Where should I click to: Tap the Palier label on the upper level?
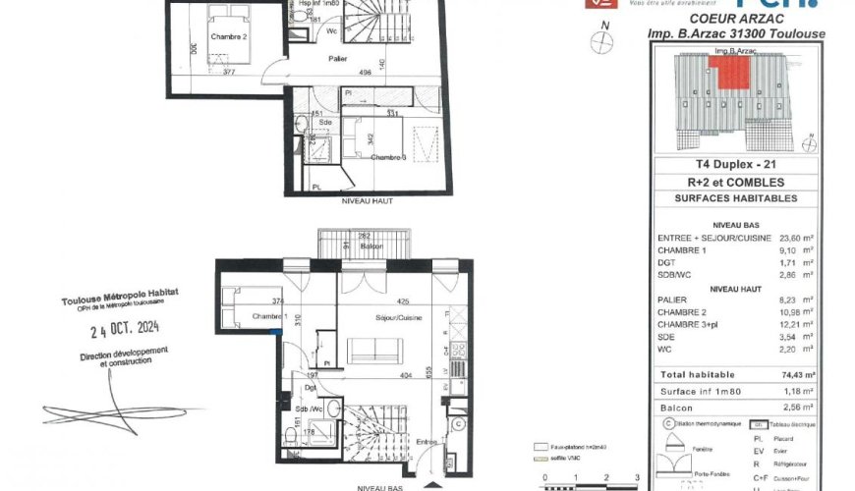point(339,58)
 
